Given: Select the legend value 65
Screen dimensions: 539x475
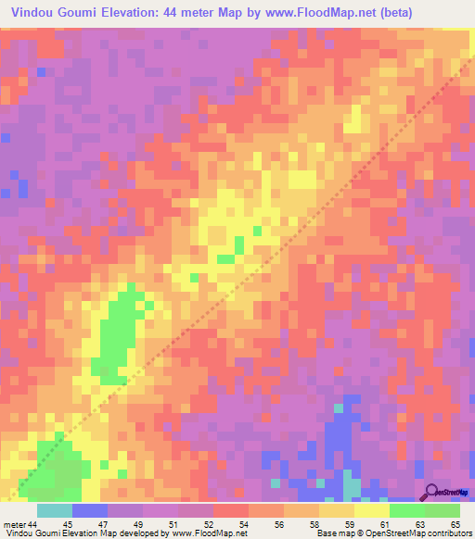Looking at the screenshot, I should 442,523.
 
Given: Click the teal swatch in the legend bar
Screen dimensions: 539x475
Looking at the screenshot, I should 54,510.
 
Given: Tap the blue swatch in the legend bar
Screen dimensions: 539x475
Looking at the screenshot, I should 89,510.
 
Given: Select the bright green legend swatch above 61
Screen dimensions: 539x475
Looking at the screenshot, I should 406,510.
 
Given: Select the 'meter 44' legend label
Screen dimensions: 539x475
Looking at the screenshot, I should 22,523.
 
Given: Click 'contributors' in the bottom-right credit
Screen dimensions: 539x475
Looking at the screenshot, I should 448,533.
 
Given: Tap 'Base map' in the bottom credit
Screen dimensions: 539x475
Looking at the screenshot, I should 336,533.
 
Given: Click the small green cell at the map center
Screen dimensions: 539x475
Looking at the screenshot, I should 239,244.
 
